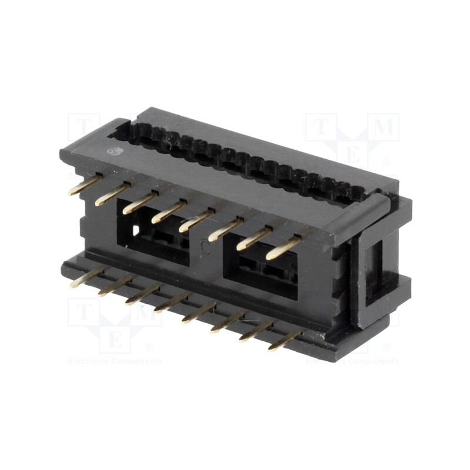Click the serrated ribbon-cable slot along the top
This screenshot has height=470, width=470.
247,159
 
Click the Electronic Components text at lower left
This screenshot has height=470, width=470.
115,361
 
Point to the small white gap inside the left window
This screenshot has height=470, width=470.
137,231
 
